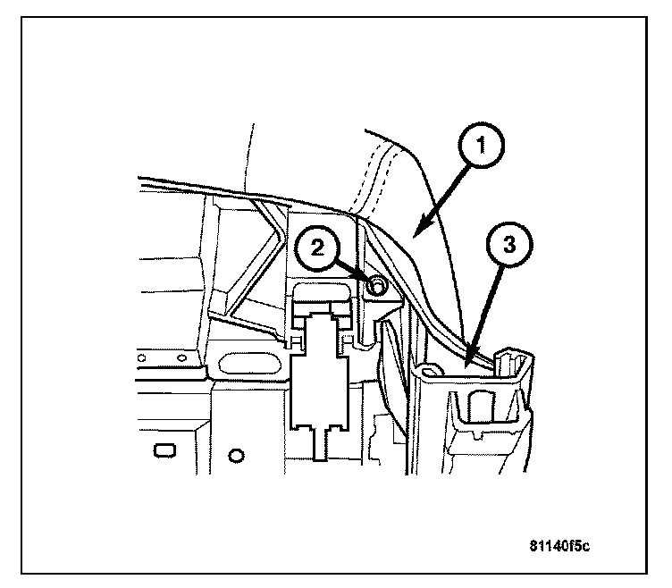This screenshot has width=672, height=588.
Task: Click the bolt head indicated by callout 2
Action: tap(377, 285)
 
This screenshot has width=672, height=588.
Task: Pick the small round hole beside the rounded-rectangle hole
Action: tap(236, 456)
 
